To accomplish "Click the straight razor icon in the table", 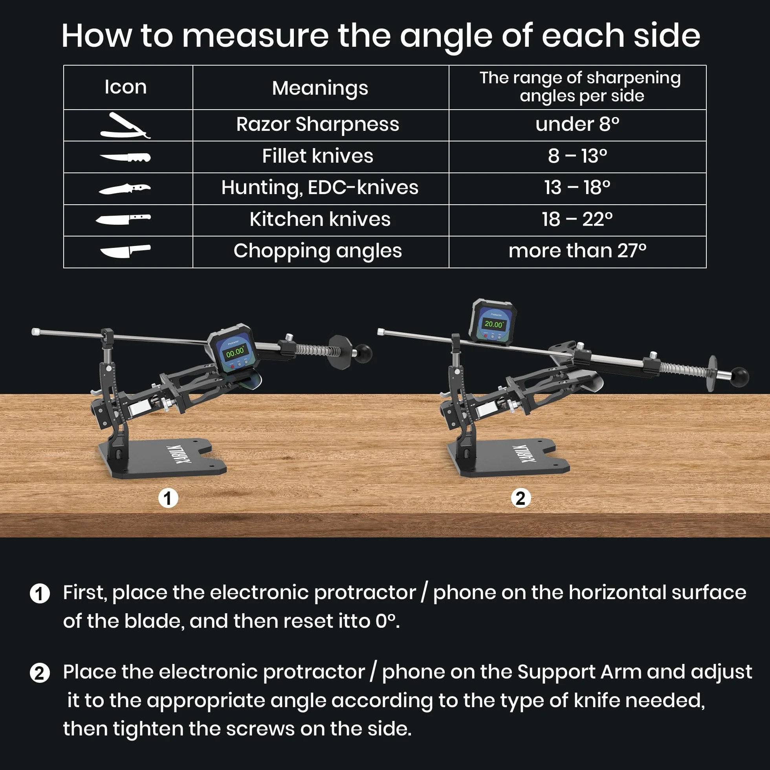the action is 125,126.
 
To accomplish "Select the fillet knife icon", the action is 125,158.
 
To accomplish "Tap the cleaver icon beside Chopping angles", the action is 125,251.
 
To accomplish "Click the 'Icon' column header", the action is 126,87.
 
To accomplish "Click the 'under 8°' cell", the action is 577,125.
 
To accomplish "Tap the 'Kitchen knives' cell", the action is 320,219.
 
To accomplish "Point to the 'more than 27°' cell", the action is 577,251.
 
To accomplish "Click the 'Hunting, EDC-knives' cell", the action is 320,188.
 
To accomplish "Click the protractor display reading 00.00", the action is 235,352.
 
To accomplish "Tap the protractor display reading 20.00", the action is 493,324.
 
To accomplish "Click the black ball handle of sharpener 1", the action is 363,354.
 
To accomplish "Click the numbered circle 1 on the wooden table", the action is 168,498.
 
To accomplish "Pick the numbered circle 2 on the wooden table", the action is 521,498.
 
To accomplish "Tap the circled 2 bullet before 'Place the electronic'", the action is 40,673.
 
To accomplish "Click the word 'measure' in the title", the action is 255,36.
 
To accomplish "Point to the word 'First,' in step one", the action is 85,593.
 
